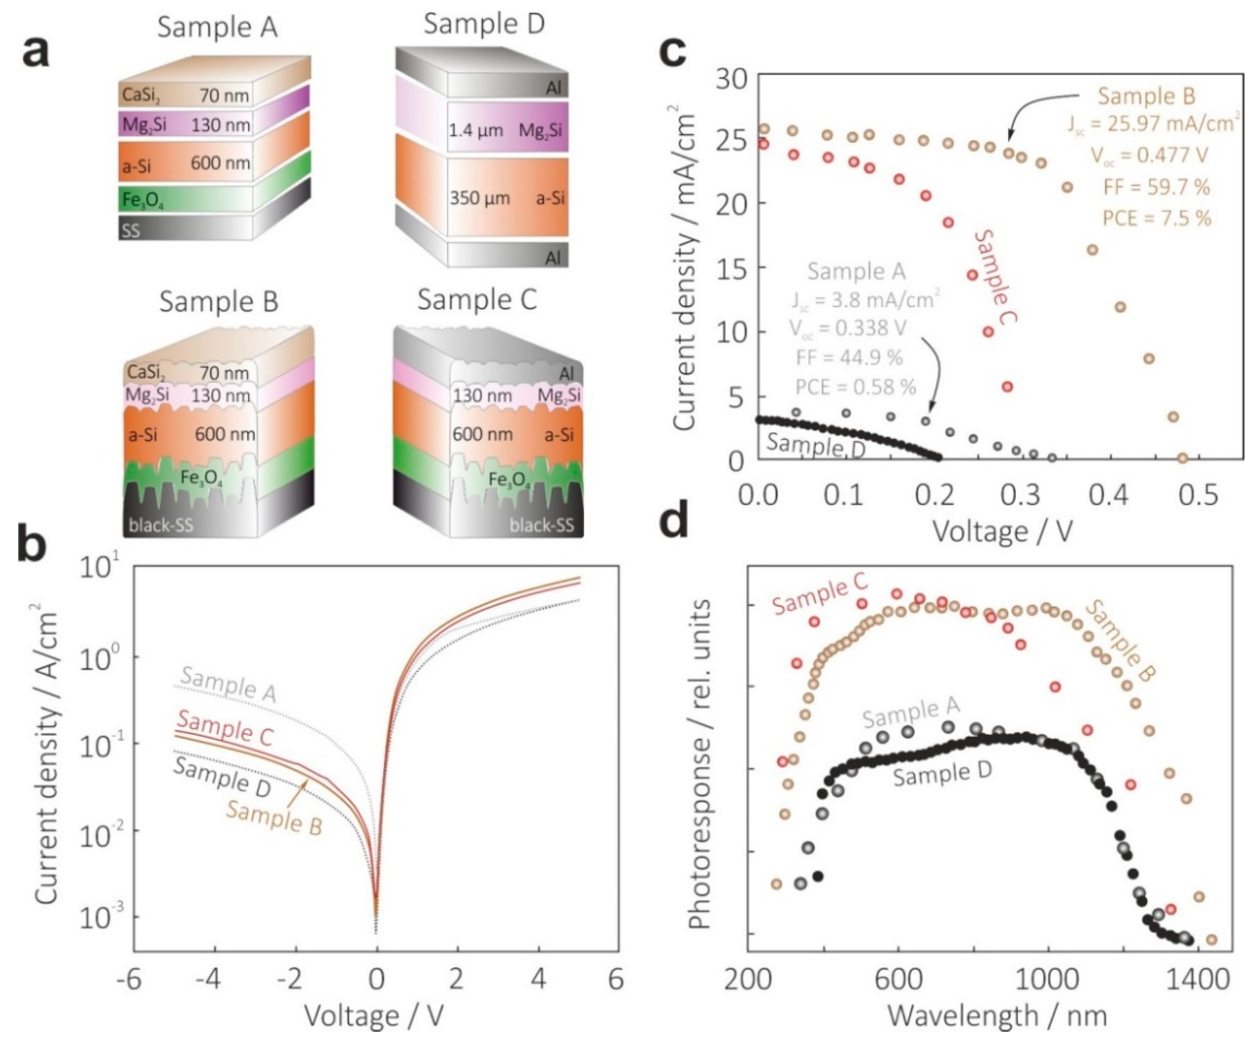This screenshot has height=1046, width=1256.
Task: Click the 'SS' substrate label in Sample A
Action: coord(131,231)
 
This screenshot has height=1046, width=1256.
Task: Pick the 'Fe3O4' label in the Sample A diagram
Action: coord(143,201)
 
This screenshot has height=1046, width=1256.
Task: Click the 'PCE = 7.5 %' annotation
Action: coord(1157,218)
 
